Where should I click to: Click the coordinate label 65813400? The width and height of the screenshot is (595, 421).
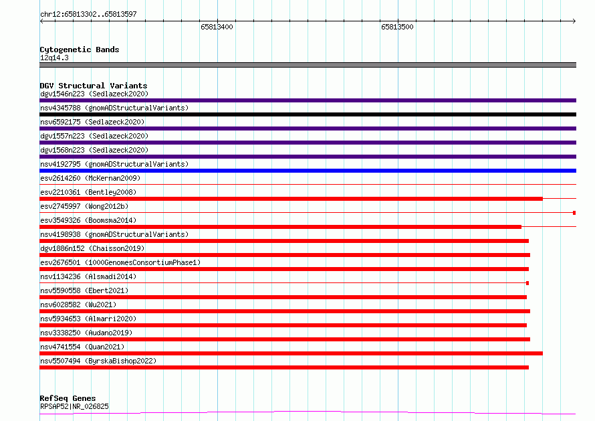[217, 27]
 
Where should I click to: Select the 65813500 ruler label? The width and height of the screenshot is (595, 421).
[397, 27]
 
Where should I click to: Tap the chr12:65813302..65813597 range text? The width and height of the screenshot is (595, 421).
[88, 14]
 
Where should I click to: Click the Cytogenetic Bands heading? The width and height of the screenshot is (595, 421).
[80, 50]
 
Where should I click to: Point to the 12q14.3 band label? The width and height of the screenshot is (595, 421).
[54, 58]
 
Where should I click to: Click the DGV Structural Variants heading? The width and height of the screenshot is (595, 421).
[94, 86]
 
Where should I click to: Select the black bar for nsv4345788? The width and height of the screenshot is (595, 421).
[308, 114]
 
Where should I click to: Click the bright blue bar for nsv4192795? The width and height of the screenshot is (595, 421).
[308, 171]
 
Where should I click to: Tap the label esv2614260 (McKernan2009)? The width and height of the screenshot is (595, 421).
[90, 178]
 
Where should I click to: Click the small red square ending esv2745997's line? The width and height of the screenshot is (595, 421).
[574, 213]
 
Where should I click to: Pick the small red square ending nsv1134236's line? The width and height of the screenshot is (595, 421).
[527, 283]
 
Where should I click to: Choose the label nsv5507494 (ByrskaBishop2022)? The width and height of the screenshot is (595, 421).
[98, 361]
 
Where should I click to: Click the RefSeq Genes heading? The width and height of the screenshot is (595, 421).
[68, 398]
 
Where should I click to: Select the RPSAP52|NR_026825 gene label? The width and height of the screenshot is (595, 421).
[74, 406]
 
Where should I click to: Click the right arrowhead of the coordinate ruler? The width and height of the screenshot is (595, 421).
[574, 21]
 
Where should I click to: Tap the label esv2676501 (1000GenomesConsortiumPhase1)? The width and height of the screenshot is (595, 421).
[120, 262]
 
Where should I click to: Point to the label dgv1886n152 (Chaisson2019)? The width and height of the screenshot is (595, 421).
[92, 248]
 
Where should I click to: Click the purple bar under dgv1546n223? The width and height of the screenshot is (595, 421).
[308, 100]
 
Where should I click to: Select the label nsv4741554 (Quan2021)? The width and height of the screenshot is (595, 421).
[82, 347]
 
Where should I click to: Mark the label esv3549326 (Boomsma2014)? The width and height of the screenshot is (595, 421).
[88, 220]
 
